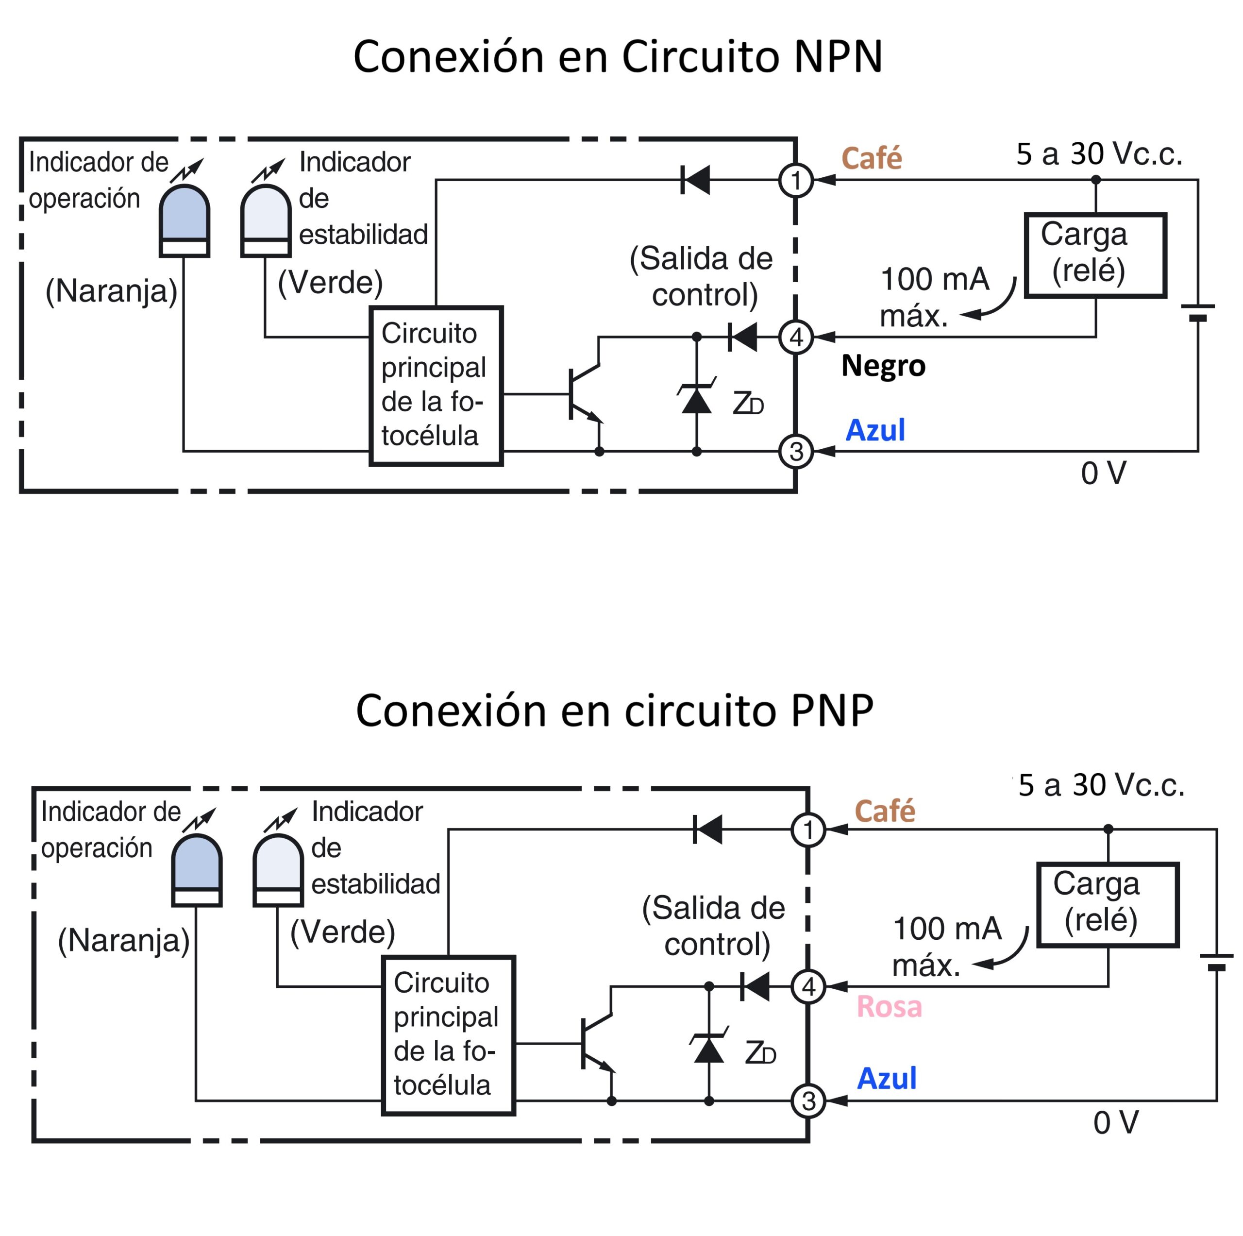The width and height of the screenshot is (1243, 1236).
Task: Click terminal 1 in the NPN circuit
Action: click(796, 180)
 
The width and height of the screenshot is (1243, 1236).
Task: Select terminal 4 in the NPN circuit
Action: click(796, 337)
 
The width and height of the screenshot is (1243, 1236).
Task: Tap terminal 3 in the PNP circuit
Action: click(808, 1101)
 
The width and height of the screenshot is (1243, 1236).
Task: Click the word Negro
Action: click(883, 366)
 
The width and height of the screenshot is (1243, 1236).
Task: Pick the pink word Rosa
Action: click(889, 1007)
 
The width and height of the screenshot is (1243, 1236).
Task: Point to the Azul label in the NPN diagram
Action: click(875, 430)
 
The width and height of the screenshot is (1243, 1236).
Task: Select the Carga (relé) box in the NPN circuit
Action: click(1095, 255)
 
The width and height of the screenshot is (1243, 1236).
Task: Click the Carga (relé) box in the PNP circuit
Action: click(1107, 905)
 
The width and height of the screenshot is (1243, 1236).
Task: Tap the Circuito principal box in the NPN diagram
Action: click(436, 386)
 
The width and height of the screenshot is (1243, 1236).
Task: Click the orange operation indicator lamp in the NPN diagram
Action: click(184, 220)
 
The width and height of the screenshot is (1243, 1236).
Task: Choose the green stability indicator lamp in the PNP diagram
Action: click(278, 870)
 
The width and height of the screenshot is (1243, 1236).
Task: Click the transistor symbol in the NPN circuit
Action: click(584, 394)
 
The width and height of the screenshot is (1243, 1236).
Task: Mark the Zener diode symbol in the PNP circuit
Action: click(708, 1048)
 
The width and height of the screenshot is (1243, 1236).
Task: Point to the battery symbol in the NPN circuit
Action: click(1197, 313)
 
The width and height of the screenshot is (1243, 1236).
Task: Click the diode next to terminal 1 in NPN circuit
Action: click(695, 180)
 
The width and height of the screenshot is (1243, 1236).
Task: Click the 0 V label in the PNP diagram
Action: click(1116, 1123)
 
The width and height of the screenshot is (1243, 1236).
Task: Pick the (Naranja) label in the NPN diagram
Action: click(111, 291)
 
